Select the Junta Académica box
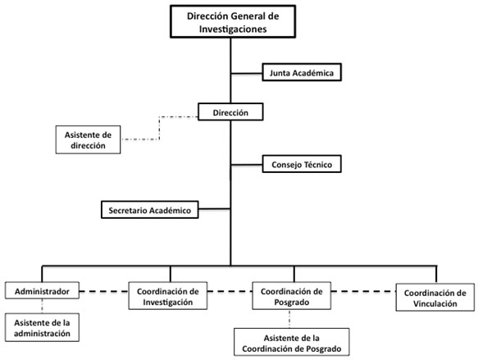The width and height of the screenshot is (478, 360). click(x=300, y=73)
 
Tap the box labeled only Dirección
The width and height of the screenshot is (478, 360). click(x=230, y=112)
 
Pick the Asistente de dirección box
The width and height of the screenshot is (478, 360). click(x=88, y=139)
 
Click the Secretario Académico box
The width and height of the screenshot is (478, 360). click(x=149, y=210)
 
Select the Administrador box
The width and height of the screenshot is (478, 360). click(x=42, y=291)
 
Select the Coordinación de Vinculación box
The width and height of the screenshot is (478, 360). click(x=433, y=297)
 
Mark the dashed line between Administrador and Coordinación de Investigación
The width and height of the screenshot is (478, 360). click(x=104, y=291)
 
